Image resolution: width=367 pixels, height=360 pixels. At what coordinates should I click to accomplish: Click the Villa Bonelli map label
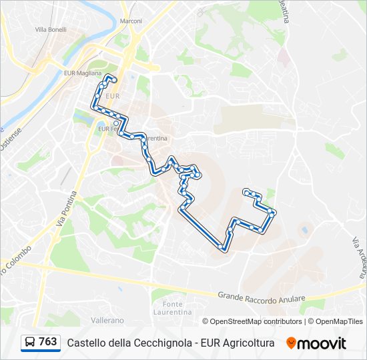click(x=49, y=30)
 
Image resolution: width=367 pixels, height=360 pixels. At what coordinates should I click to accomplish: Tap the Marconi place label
click(x=131, y=21)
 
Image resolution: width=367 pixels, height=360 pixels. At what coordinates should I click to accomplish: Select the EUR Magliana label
click(x=81, y=73)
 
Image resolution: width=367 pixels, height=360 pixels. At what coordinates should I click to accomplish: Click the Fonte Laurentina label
click(x=172, y=308)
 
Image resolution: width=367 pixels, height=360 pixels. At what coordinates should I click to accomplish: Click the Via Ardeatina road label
click(x=360, y=257)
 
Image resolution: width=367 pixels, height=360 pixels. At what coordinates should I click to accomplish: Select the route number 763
click(x=47, y=342)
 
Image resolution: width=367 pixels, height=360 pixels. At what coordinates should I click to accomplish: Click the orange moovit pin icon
click(x=291, y=343)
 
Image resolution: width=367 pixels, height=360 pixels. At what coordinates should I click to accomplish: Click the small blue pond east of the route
click(x=305, y=231)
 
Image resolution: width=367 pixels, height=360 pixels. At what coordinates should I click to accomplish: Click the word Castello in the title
click(x=86, y=343)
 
